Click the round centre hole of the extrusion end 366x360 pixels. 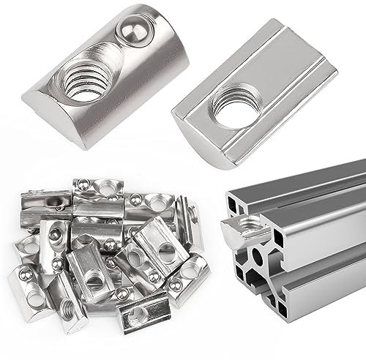[x=257, y=258]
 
